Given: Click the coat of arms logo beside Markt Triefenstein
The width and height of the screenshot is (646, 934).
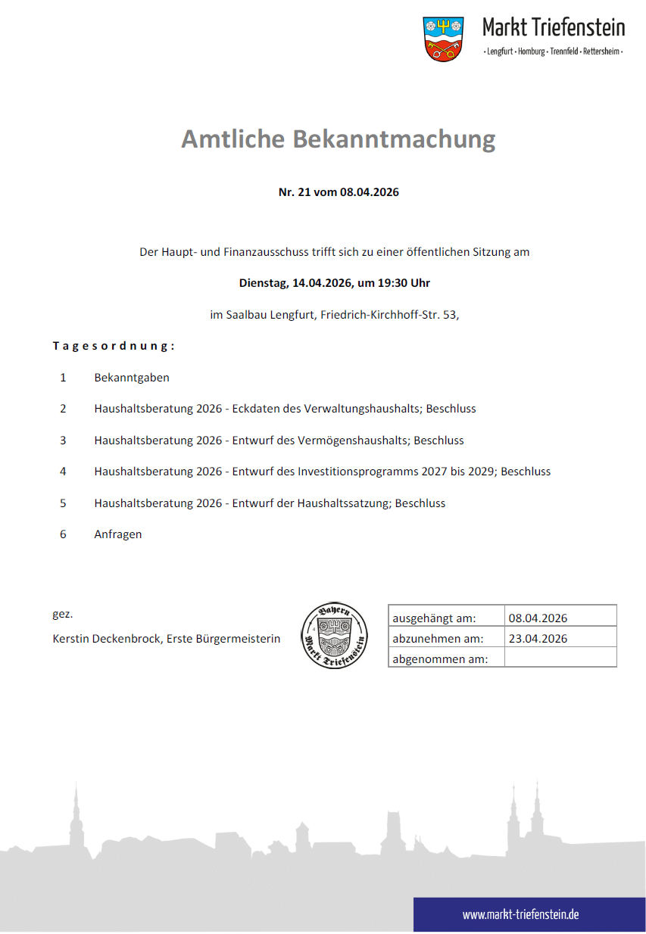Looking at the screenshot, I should click(x=443, y=39).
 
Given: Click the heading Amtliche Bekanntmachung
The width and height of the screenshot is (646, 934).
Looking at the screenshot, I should click(x=338, y=139).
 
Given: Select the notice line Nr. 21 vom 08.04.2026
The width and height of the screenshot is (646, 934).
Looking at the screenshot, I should click(x=339, y=192).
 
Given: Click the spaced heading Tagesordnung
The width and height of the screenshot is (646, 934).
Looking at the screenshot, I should click(x=114, y=346).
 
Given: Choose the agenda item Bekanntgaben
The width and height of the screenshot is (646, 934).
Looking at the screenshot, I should click(x=132, y=377).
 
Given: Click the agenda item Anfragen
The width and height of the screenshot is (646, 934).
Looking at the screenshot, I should click(x=118, y=534).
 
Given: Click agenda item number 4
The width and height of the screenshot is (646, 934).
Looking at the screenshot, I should click(x=64, y=472).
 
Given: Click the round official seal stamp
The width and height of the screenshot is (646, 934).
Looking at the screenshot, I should click(x=334, y=636).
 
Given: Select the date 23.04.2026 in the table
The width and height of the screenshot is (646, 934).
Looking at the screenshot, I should click(x=538, y=639).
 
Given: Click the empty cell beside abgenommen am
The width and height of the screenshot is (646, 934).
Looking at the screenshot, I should click(x=560, y=658).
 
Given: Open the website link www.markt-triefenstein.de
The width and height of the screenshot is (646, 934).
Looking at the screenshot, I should click(x=521, y=914).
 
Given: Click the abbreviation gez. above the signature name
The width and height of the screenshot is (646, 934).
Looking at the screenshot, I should click(x=62, y=614).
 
